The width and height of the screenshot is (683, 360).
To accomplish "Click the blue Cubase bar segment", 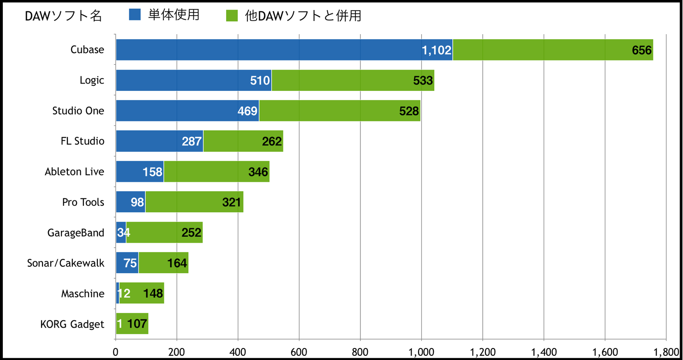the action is [284, 50].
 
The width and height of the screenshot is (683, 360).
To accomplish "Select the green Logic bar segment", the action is [353, 80].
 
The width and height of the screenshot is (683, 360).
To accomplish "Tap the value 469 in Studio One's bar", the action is [247, 111].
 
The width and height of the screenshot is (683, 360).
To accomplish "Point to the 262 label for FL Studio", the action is [272, 141].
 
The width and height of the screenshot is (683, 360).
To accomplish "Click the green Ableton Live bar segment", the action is [217, 172].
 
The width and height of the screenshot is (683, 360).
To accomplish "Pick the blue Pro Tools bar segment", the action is [131, 202].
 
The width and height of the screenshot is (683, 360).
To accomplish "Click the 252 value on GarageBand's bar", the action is [192, 233].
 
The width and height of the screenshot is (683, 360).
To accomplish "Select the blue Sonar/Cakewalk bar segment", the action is [127, 263].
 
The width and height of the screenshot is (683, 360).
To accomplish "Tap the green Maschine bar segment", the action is [142, 293].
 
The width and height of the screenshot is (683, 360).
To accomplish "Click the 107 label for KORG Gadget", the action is [137, 324].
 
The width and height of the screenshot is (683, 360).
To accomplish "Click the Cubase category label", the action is [87, 49].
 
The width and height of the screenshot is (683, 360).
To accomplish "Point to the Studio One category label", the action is [78, 111].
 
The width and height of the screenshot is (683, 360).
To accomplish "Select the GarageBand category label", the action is [76, 233].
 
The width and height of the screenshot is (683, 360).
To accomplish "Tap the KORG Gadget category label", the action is [72, 324].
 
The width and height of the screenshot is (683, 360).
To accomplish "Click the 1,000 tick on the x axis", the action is [421, 352].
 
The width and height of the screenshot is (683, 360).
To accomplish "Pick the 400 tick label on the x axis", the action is [238, 352].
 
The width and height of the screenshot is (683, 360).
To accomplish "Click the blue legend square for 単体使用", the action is [135, 15].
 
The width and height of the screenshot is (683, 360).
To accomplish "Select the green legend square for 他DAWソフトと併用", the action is [232, 16].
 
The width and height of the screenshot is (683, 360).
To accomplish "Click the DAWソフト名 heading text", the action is [63, 16].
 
